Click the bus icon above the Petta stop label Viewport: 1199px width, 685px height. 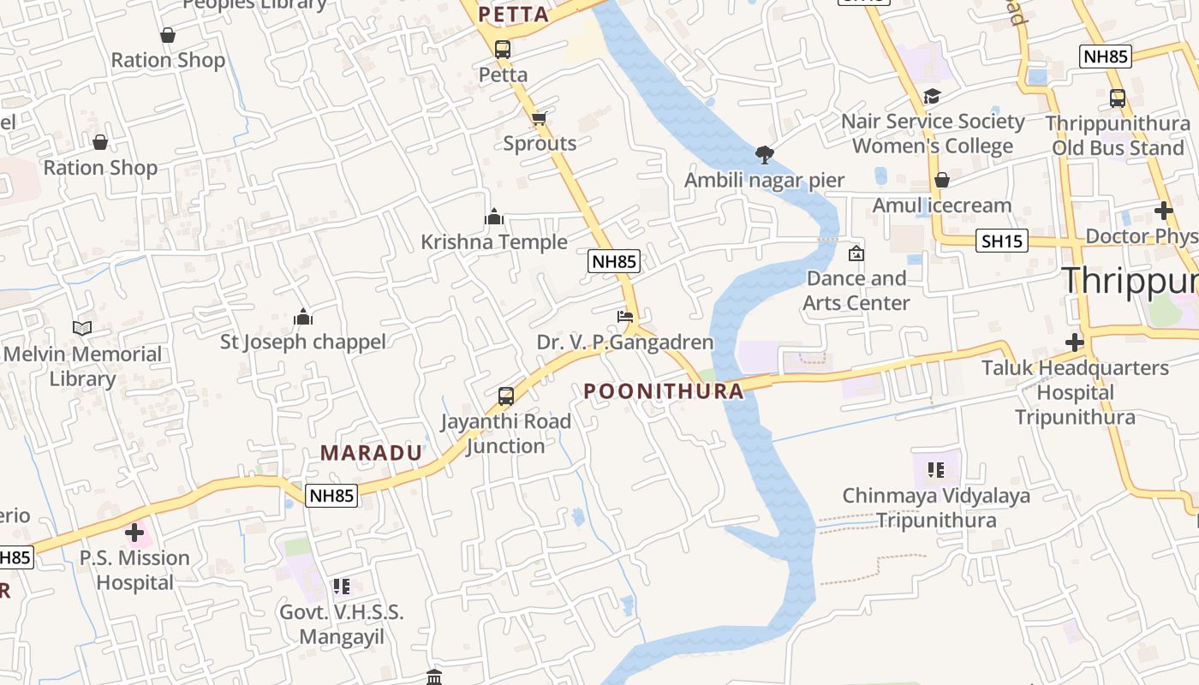(503, 50)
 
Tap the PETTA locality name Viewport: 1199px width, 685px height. (514, 15)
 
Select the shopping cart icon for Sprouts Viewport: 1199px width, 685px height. (539, 118)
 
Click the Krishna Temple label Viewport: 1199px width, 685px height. (494, 242)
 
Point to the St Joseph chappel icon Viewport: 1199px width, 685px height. (303, 317)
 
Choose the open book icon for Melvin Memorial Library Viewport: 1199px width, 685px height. (82, 329)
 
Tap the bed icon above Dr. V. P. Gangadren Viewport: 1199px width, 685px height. (625, 317)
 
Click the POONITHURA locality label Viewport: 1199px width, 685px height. (664, 391)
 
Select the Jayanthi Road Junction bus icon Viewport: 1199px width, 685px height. (506, 396)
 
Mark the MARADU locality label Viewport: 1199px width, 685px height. (372, 453)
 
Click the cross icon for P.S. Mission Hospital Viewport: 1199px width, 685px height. (134, 533)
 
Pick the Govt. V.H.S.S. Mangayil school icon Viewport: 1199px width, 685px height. (342, 587)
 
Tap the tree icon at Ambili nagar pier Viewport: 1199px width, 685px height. (764, 155)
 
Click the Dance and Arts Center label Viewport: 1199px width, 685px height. (856, 290)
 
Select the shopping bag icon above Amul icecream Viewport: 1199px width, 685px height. (942, 181)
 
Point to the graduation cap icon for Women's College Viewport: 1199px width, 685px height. (932, 97)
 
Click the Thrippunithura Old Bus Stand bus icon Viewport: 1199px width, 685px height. (1118, 98)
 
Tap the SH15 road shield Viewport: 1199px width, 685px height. (1002, 241)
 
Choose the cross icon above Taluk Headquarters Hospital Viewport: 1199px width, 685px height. (1075, 343)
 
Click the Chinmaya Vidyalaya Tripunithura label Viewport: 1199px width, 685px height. (936, 508)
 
